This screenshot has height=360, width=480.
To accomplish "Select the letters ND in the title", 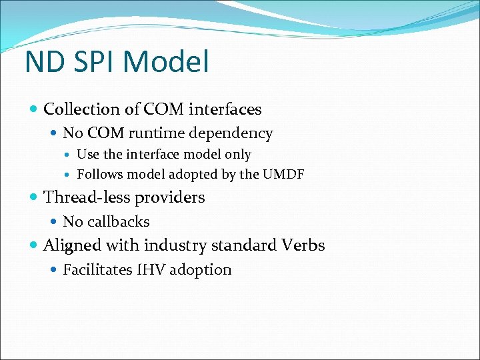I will click(42, 61).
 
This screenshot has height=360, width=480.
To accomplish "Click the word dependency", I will click(231, 134).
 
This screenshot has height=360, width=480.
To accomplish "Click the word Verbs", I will click(302, 245).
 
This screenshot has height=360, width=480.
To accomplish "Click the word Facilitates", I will click(98, 270).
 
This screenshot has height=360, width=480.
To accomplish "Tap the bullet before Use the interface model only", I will click(69, 155).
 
